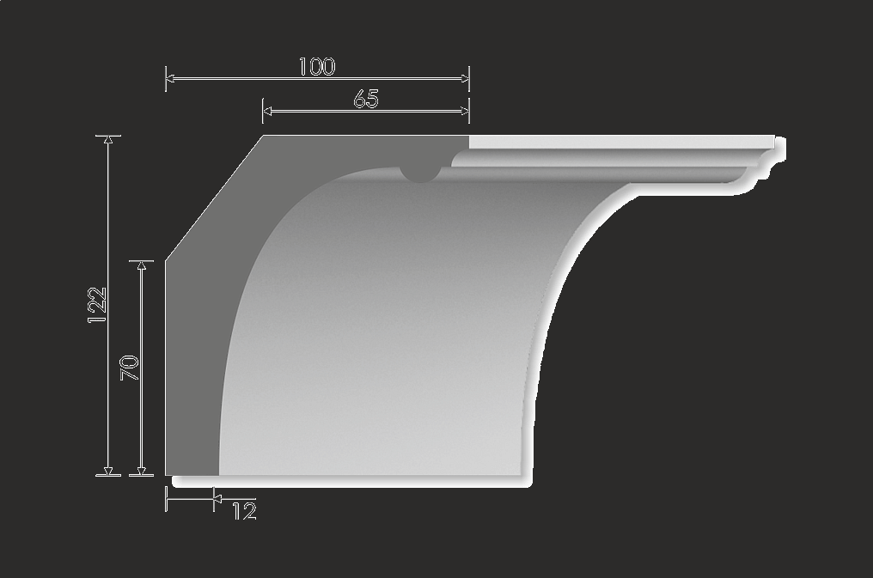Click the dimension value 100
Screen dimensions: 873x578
point(317,67)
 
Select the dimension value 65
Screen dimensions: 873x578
point(366,100)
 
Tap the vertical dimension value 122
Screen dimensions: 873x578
point(97,305)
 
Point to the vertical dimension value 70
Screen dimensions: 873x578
point(130,368)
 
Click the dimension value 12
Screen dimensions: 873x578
point(244,511)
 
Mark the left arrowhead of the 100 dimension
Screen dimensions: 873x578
point(170,79)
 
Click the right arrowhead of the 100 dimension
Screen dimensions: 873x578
point(465,79)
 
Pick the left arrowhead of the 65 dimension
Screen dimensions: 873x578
point(267,112)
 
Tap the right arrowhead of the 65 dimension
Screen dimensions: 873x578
point(465,112)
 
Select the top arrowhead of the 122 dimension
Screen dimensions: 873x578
point(108,140)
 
